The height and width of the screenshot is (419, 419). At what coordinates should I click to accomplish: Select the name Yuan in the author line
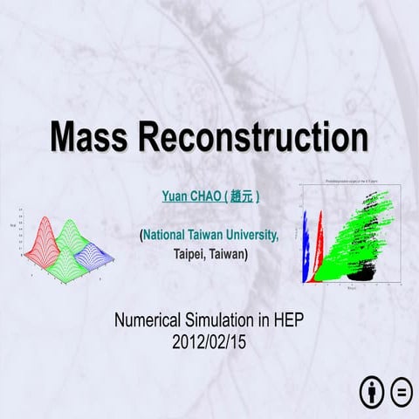[175, 198]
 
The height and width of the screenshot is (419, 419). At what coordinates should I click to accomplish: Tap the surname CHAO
[208, 198]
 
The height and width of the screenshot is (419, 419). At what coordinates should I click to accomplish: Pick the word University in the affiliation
[253, 236]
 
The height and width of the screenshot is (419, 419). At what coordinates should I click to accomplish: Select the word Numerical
[150, 320]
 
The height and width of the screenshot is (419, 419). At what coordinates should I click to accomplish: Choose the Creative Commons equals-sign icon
[402, 392]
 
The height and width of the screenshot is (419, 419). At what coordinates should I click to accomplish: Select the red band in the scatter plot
[320, 244]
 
